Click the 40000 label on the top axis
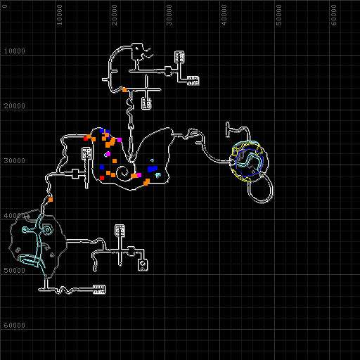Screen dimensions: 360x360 click(224, 15)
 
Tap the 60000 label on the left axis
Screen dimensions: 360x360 click(14, 325)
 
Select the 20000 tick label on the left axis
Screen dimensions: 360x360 click(14, 105)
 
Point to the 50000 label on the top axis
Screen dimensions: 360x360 click(279, 15)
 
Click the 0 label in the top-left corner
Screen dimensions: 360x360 click(5, 6)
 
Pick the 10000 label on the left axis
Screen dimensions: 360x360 click(14, 51)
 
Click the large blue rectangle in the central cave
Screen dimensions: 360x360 click(153, 169)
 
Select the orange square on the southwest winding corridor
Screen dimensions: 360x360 click(51, 200)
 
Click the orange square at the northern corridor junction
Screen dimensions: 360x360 click(124, 90)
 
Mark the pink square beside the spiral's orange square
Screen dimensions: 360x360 click(139, 175)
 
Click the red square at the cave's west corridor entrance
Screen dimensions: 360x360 click(86, 139)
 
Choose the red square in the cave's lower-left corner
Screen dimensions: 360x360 click(102, 178)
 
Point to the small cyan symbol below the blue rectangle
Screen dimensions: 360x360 click(158, 175)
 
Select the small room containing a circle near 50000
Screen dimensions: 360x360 click(143, 265)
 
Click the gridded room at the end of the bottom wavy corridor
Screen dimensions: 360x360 click(99, 290)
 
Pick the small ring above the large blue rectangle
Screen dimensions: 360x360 click(152, 160)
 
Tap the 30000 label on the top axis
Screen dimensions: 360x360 click(169, 15)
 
